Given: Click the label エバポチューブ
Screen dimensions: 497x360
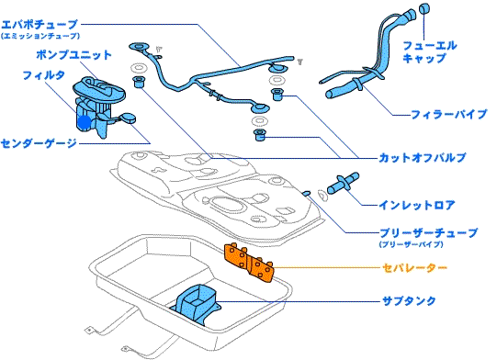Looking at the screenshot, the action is pyautogui.click(x=40, y=25).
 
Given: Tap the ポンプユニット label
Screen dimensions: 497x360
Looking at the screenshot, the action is pyautogui.click(x=73, y=54).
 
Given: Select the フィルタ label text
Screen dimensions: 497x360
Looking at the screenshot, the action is pyautogui.click(x=44, y=75).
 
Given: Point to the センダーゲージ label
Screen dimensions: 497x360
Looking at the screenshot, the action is pyautogui.click(x=39, y=143).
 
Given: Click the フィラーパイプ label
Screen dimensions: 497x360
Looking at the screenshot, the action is pyautogui.click(x=448, y=114).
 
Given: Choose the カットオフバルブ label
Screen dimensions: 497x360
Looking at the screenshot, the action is pyautogui.click(x=423, y=158).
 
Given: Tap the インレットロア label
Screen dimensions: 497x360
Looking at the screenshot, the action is pyautogui.click(x=417, y=206).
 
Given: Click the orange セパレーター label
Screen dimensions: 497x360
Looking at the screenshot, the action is pyautogui.click(x=414, y=268).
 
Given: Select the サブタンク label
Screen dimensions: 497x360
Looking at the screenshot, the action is pyautogui.click(x=409, y=300).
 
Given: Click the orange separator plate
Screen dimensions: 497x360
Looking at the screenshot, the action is pyautogui.click(x=249, y=263).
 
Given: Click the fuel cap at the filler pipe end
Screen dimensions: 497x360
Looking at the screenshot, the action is pyautogui.click(x=424, y=8).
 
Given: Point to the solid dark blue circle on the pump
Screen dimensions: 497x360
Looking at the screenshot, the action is pyautogui.click(x=85, y=122).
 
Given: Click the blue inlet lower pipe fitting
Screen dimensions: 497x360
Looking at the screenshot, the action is pyautogui.click(x=343, y=183).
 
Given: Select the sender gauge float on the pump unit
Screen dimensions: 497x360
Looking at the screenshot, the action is pyautogui.click(x=128, y=118).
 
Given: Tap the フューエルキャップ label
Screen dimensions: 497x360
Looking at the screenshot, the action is pyautogui.click(x=430, y=51).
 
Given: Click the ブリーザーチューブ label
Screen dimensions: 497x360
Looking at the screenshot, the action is pyautogui.click(x=428, y=233).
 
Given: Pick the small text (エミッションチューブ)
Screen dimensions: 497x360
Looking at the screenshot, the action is pyautogui.click(x=40, y=36).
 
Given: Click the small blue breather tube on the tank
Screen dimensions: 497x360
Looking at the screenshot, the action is pyautogui.click(x=307, y=193).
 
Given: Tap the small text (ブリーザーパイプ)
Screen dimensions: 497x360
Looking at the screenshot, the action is pyautogui.click(x=411, y=244).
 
